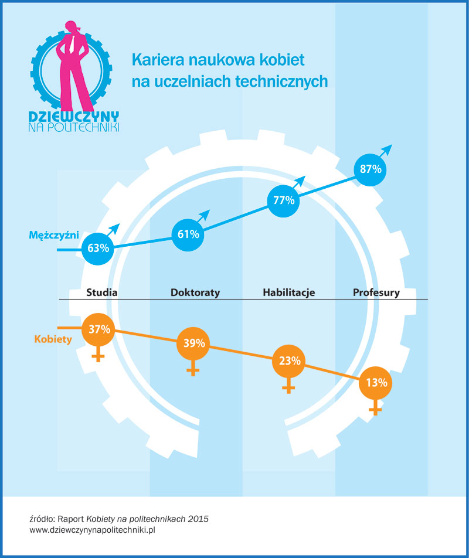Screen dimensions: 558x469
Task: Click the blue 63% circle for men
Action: point(98,247)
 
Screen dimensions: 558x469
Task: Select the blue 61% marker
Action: point(188,234)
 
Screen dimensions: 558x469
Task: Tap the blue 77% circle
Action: point(283,200)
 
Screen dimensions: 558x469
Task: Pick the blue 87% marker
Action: point(371,169)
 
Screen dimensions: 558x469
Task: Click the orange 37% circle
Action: point(99,329)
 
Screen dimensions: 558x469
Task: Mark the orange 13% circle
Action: point(375,383)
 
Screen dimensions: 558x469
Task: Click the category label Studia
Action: point(103,292)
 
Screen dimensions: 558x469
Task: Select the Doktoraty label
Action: point(195,292)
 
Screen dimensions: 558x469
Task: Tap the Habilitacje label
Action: point(288,292)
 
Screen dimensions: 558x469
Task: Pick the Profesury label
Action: point(376,292)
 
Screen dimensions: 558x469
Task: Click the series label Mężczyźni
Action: point(54,235)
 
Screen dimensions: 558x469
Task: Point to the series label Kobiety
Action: point(53,339)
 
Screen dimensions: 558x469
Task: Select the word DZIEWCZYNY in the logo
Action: point(74,116)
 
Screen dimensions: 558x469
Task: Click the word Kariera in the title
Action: point(153,60)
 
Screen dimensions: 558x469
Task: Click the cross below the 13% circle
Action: point(375,410)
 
